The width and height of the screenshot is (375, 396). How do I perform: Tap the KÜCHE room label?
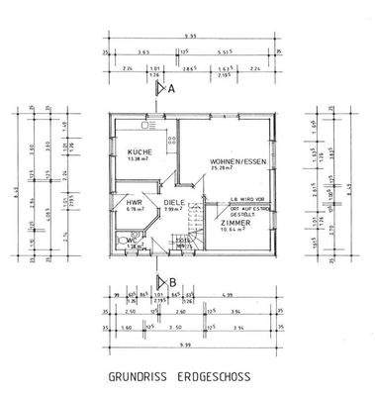[139, 152]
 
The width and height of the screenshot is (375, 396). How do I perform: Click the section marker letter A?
[171, 89]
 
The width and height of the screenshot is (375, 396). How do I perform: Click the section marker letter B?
[172, 281]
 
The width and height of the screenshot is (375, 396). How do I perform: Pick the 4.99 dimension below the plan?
[227, 295]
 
